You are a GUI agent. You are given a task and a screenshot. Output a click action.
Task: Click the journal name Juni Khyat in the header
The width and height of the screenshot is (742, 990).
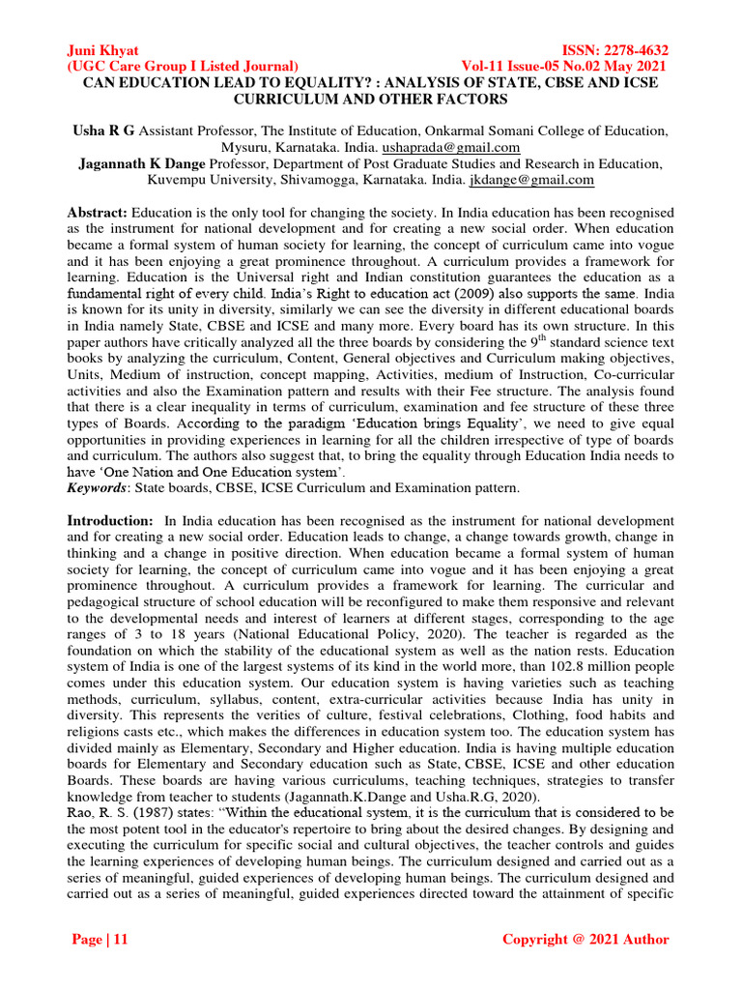tap(102, 50)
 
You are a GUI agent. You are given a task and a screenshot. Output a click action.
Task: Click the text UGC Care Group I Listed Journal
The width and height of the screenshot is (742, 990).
tap(183, 66)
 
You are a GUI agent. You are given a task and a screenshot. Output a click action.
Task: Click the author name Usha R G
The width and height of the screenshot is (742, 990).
tap(105, 131)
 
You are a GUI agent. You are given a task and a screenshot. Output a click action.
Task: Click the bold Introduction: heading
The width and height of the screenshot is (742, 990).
tap(109, 521)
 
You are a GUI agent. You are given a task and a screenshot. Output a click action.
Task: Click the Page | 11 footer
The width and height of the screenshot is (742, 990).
tap(101, 940)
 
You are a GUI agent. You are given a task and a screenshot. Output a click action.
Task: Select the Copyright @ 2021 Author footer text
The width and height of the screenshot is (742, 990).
tap(585, 940)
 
